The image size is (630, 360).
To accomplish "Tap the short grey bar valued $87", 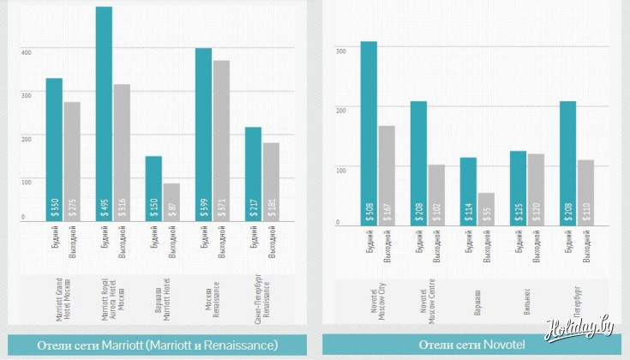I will pos(171,201).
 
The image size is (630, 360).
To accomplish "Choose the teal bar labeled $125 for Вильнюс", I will pos(517,188).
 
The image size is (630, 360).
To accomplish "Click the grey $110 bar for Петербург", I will pos(585,192).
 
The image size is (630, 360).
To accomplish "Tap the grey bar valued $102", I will pos(436,195).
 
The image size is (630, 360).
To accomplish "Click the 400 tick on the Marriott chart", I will pos(26,52).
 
